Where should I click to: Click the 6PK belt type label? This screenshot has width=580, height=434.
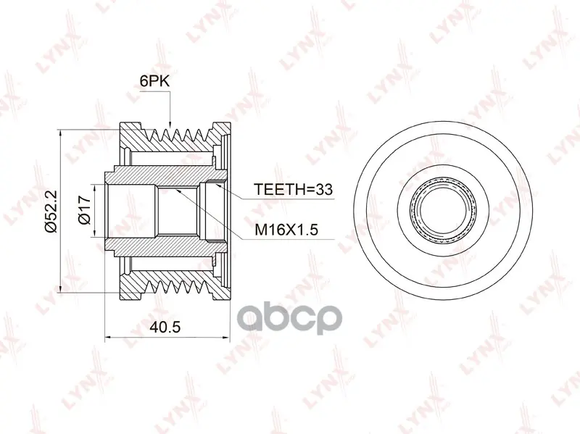click(154, 81)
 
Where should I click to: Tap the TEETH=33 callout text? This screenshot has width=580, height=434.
click(293, 189)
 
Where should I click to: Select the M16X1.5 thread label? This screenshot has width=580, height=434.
click(286, 230)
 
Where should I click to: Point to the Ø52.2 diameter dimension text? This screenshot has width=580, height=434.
click(51, 211)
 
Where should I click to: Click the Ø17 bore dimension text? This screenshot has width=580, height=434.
click(85, 209)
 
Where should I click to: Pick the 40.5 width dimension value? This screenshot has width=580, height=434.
click(165, 327)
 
